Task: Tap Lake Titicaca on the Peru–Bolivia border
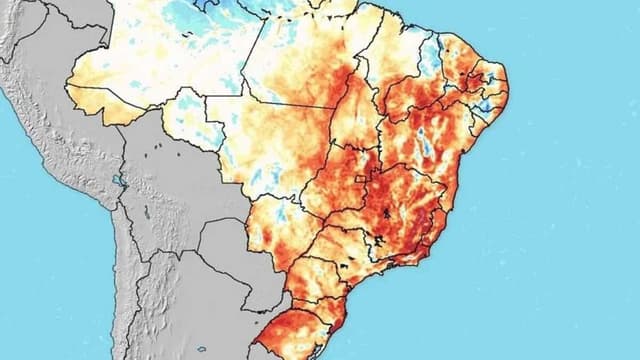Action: click(118, 182)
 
